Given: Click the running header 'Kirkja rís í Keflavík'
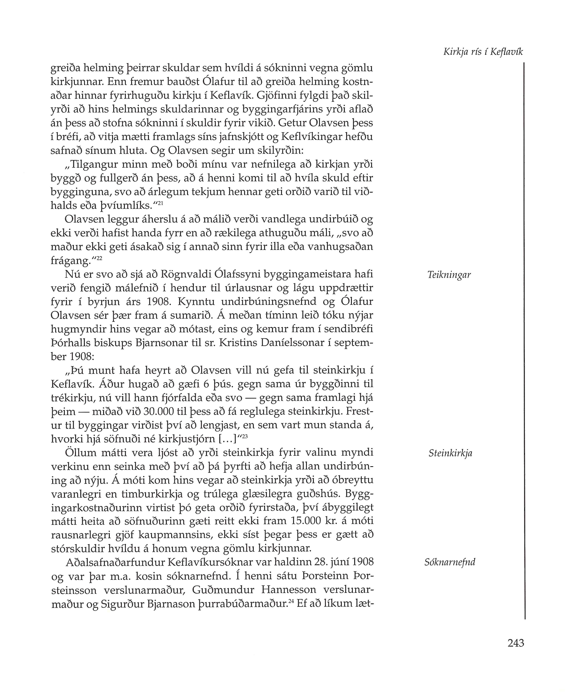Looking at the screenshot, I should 483,52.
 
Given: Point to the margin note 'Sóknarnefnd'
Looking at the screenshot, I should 450,562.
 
